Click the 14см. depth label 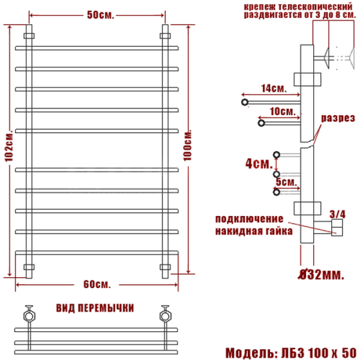[x=273, y=88]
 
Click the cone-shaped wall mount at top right [x=328, y=58]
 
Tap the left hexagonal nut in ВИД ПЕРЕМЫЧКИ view [x=28, y=314]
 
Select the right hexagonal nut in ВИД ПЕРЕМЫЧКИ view [x=165, y=314]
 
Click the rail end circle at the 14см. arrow [x=245, y=103]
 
